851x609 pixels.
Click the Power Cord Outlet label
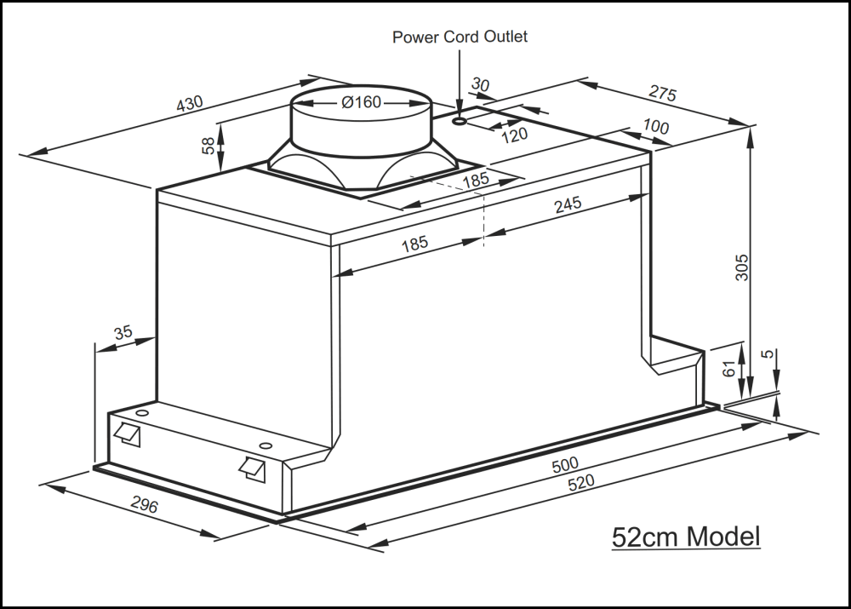[460, 37]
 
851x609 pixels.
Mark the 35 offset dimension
[123, 333]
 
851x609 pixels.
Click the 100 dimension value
[655, 128]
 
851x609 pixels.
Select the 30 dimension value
[480, 85]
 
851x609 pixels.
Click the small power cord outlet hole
[460, 122]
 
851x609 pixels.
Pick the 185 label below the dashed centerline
[414, 244]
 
